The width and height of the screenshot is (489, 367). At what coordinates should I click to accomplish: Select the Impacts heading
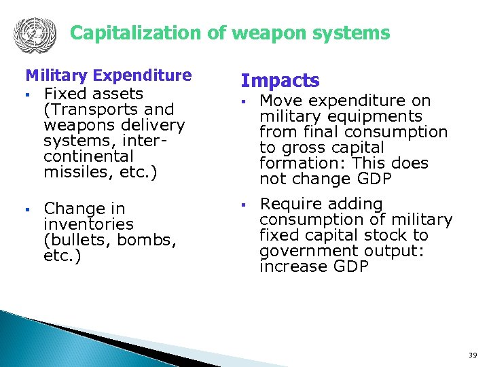pyautogui.click(x=280, y=81)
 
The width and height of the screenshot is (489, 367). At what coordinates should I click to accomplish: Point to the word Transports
pyautogui.click(x=92, y=109)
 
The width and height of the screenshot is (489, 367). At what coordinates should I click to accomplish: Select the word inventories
pyautogui.click(x=88, y=224)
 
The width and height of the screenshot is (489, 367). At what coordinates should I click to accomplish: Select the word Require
pyautogui.click(x=288, y=204)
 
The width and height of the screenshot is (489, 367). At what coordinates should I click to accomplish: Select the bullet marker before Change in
pyautogui.click(x=28, y=209)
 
